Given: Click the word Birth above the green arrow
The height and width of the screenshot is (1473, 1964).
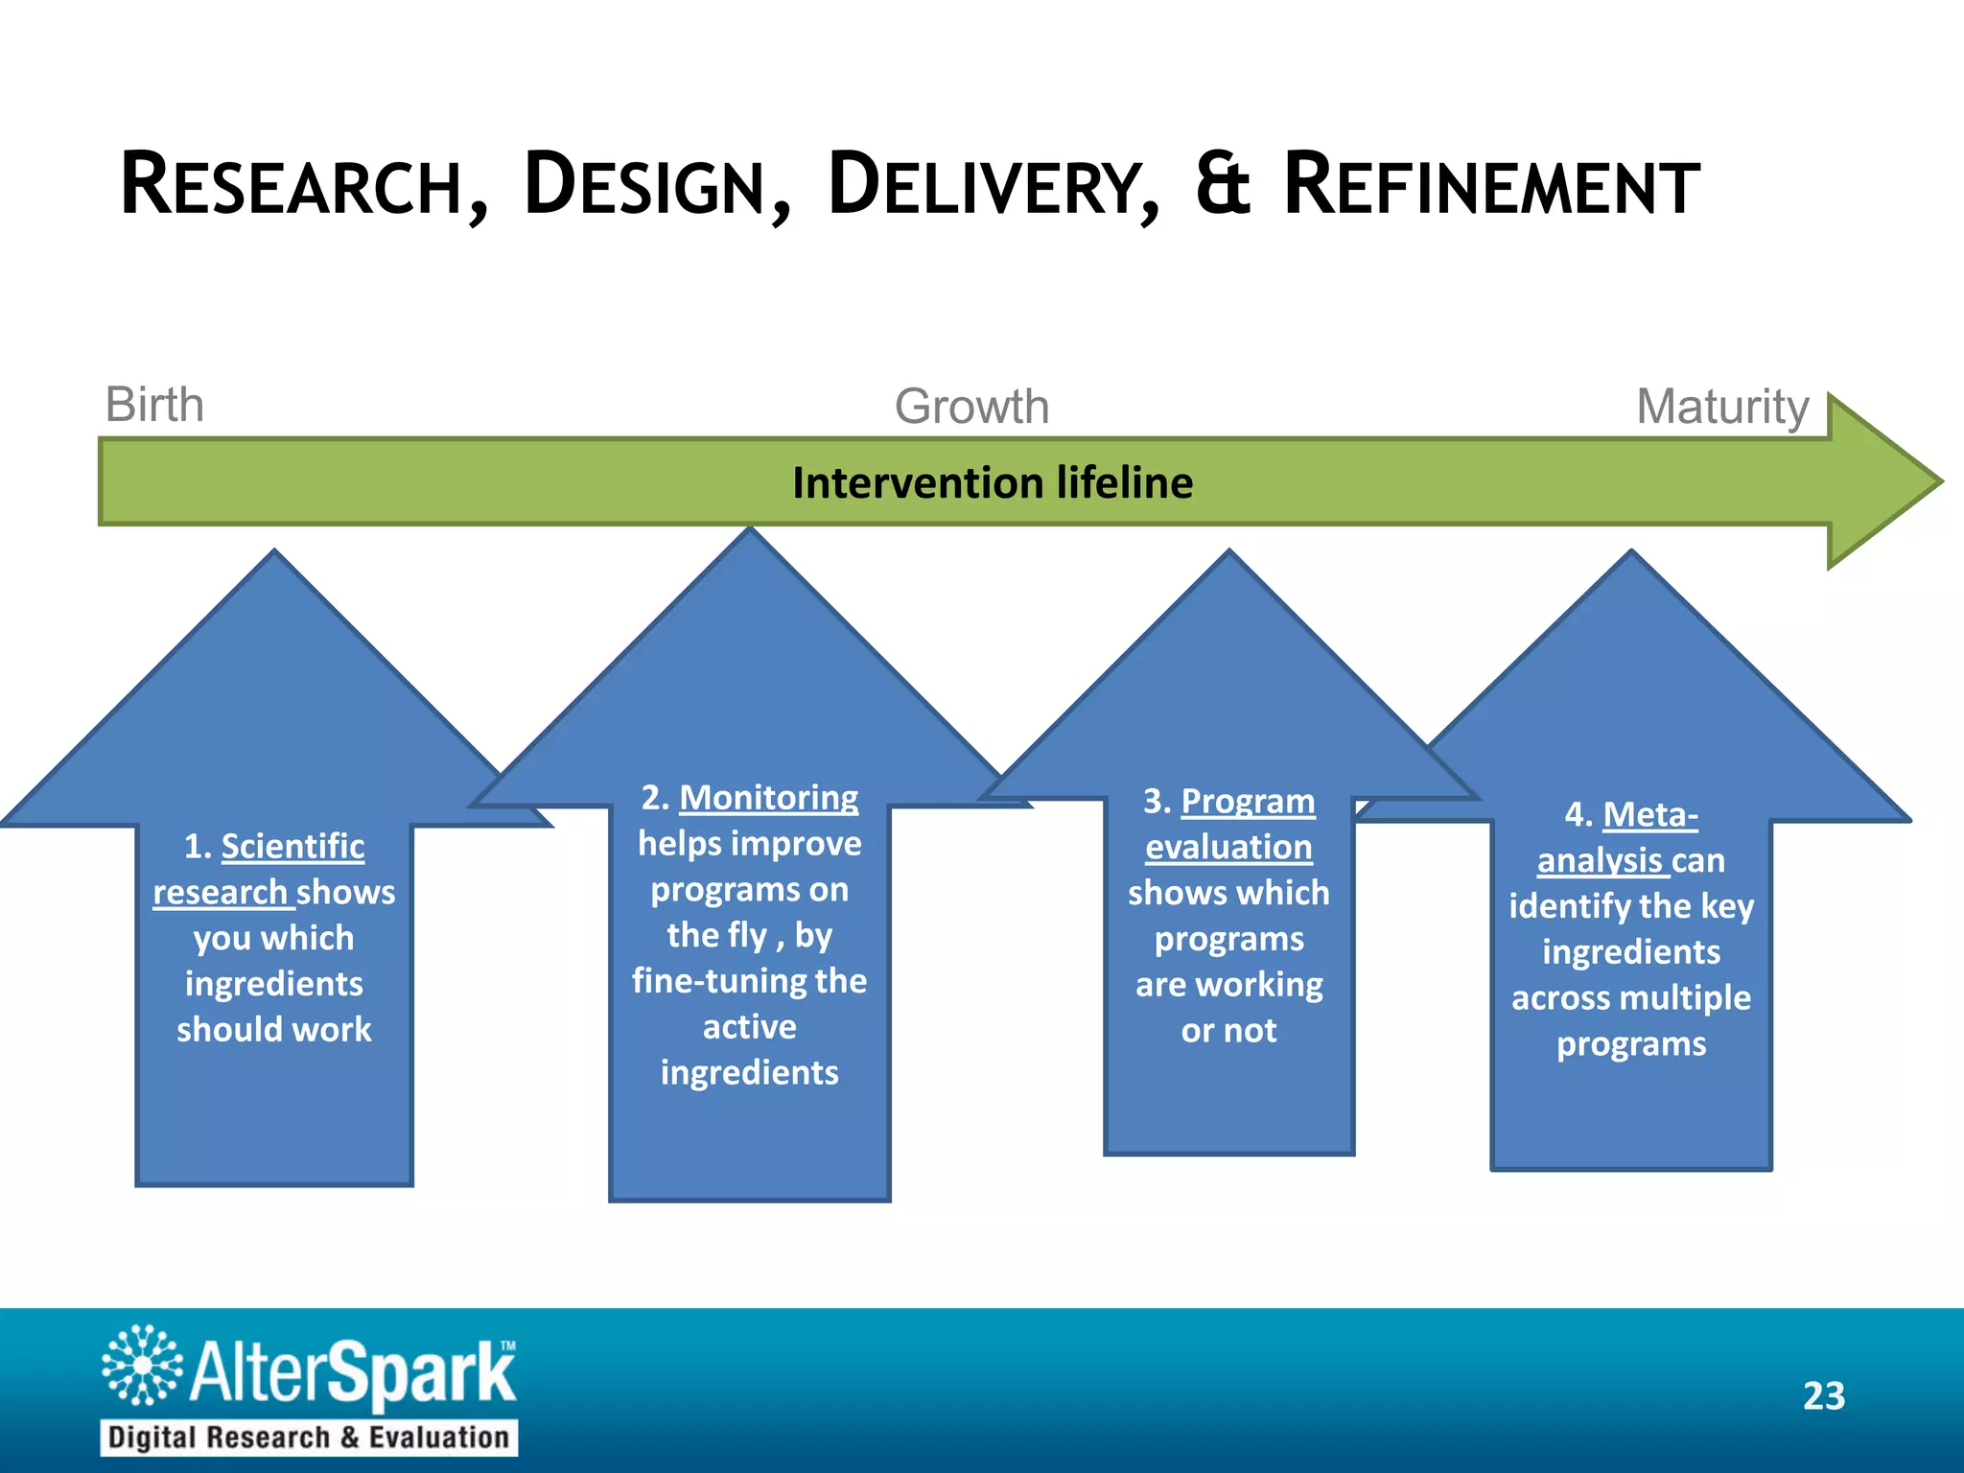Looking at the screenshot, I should tap(154, 405).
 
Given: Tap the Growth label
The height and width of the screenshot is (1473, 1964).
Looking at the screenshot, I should tap(971, 407).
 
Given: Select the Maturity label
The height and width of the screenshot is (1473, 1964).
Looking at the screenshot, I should tap(1722, 407).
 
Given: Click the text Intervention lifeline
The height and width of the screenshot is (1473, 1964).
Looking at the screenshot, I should tap(993, 482).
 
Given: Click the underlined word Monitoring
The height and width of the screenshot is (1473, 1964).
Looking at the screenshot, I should tap(768, 798).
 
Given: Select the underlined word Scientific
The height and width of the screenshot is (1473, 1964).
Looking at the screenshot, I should tap(292, 846).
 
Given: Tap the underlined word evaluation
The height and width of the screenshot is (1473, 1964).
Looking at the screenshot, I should tap(1228, 847).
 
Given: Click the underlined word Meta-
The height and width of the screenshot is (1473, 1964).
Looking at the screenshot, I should tap(1649, 814).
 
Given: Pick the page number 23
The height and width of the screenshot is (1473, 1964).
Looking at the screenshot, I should tap(1823, 1395).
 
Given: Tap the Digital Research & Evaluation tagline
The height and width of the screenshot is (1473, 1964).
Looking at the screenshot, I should tap(308, 1437).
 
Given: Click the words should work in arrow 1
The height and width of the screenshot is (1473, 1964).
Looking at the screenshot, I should tap(273, 1029).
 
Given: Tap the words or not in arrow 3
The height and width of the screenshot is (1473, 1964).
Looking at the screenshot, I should tap(1228, 1031).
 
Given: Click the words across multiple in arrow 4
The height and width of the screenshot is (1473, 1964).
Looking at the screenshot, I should tap(1630, 997).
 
